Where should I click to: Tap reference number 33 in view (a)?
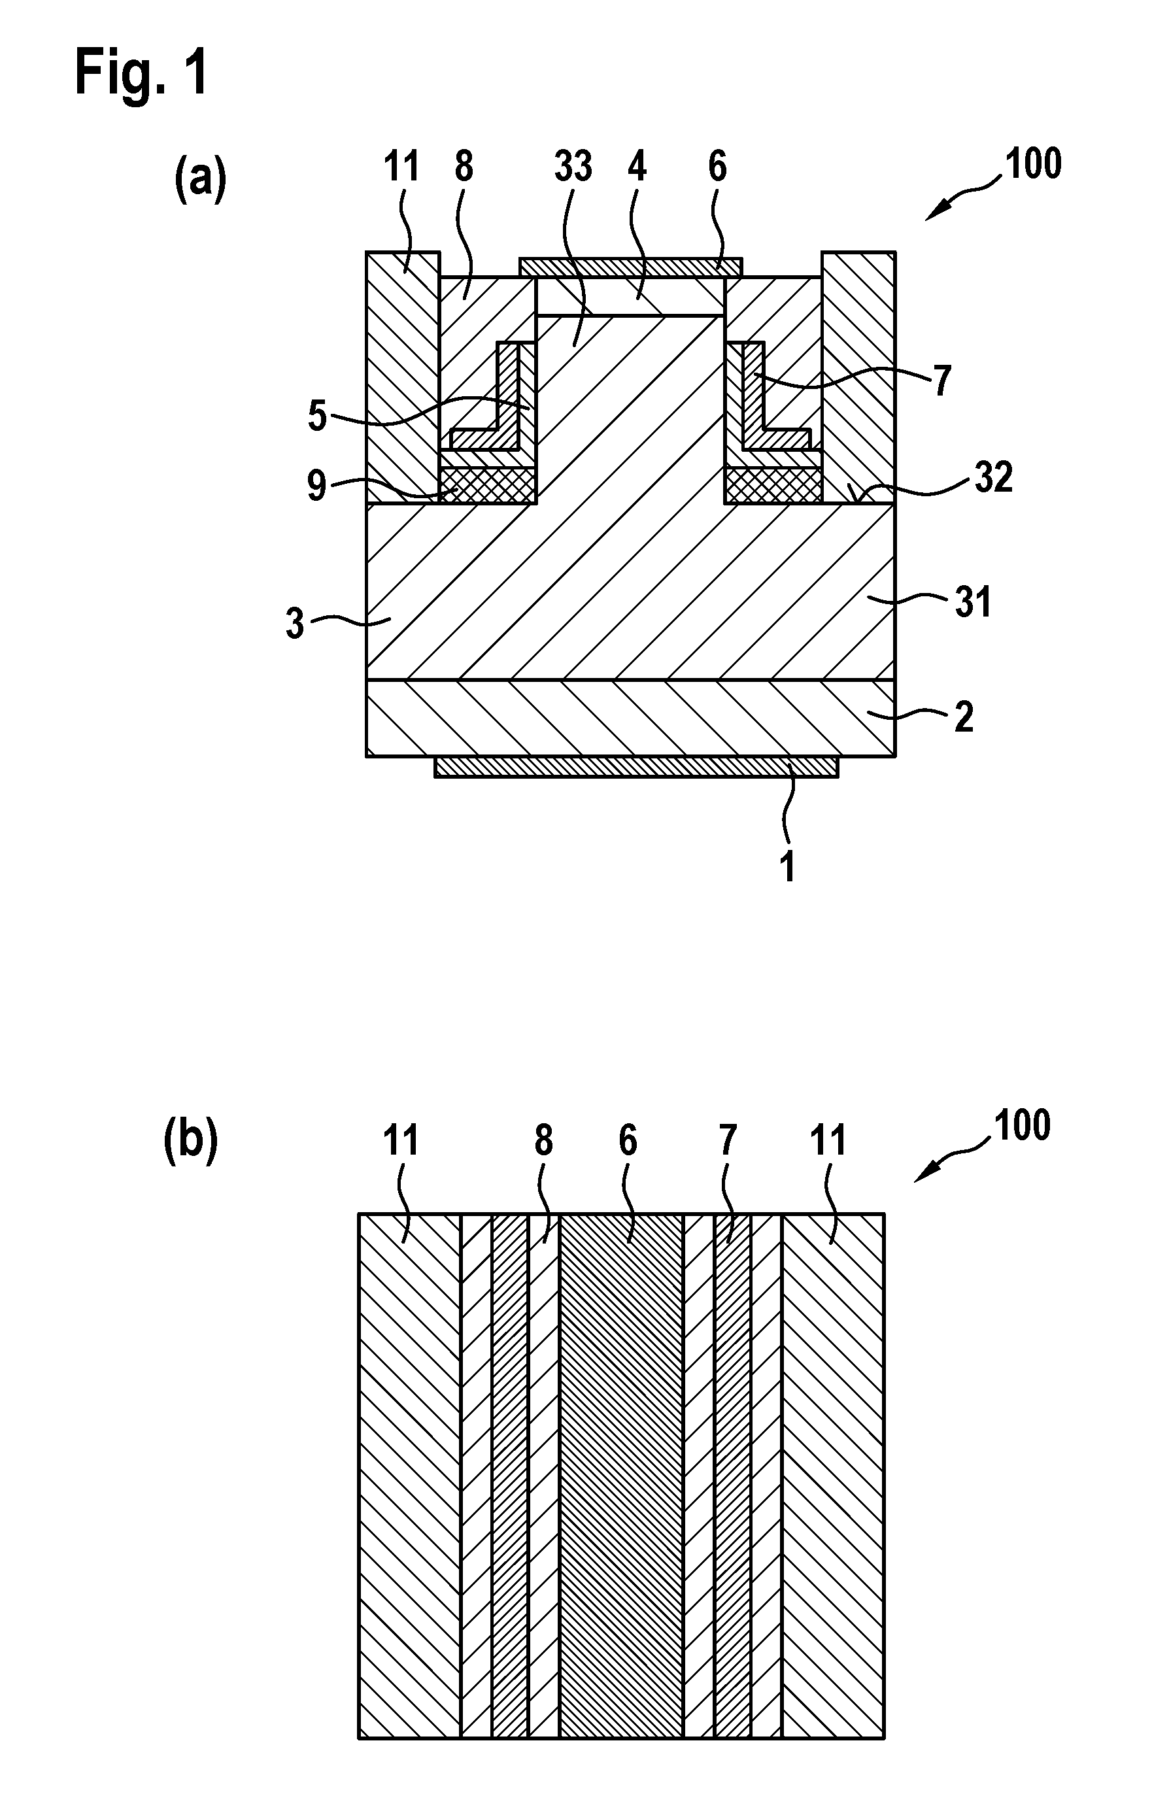point(573,166)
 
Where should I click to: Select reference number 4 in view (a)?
point(637,166)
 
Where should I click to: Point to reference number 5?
point(317,416)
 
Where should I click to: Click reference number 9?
point(317,486)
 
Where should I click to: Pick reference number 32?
point(993,478)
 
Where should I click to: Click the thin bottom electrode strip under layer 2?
point(637,766)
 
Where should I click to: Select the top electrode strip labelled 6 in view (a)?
point(631,266)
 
